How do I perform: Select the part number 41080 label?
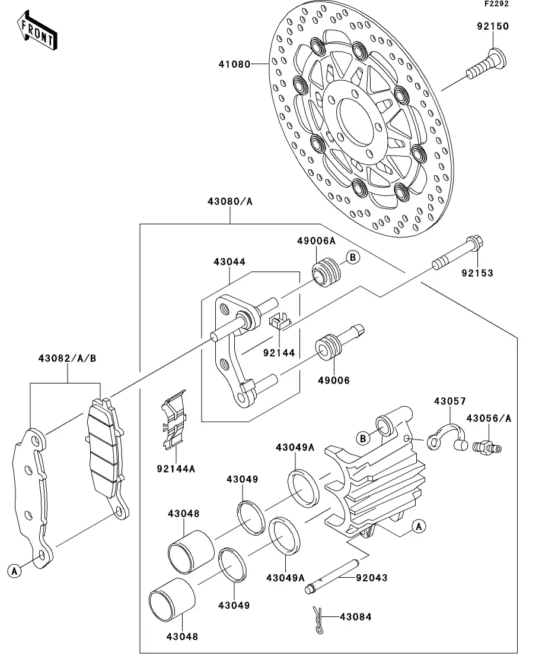coord(234,64)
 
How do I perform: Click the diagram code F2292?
coord(496,4)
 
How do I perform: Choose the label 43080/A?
coord(230,201)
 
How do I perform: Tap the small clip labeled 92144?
coord(279,321)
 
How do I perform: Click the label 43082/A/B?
coord(67,359)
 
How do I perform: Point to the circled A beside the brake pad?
coord(15,570)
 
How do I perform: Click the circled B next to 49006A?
coord(353,257)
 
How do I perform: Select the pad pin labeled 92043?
coord(331,577)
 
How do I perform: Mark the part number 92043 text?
coord(372,578)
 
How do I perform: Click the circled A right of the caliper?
coord(419,526)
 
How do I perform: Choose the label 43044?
coord(229,262)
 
